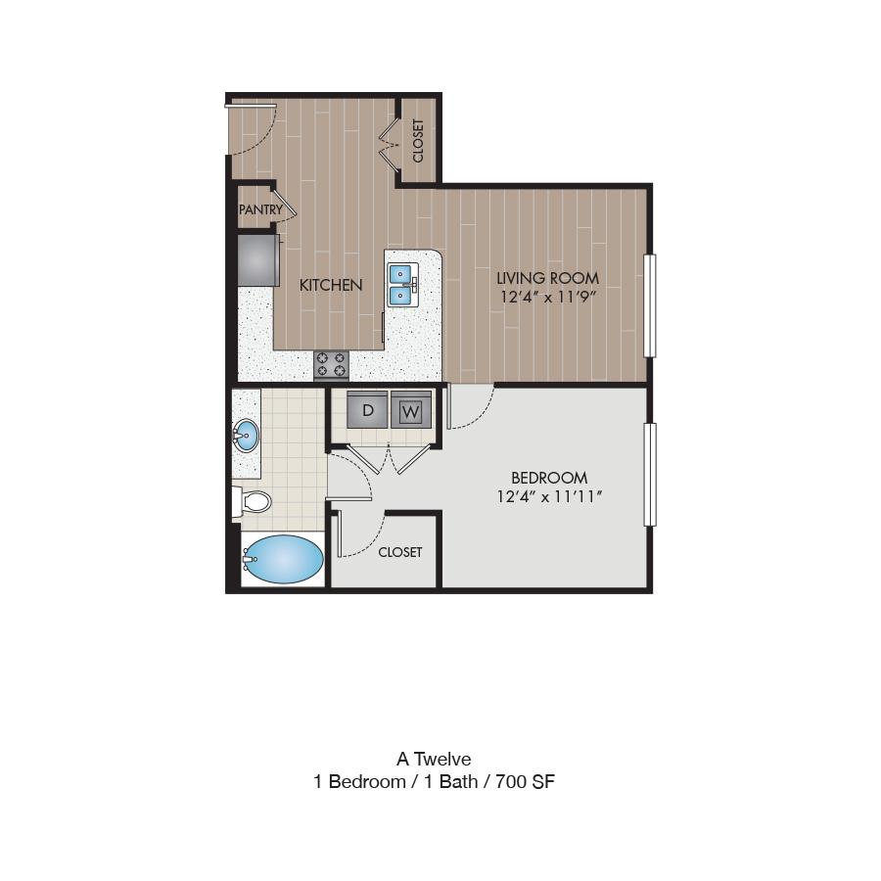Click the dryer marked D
coord(367,409)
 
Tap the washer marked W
coord(411,409)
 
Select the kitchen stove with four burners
coord(331,364)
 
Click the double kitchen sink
coord(402,286)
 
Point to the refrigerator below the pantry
coord(258,260)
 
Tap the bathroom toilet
coord(253,502)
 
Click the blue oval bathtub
coord(283,559)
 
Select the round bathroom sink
coord(246,435)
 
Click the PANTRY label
coord(260,209)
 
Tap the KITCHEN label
coord(331,285)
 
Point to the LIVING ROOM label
coord(548,278)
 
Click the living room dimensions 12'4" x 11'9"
coord(548,297)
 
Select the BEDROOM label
coord(549,478)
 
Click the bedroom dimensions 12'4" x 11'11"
coord(549,496)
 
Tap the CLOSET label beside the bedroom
coord(400,552)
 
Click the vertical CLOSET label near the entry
coord(418,141)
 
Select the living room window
coord(650,305)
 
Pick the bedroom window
coord(650,475)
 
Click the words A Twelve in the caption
coord(434,759)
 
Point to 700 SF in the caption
coord(525,781)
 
